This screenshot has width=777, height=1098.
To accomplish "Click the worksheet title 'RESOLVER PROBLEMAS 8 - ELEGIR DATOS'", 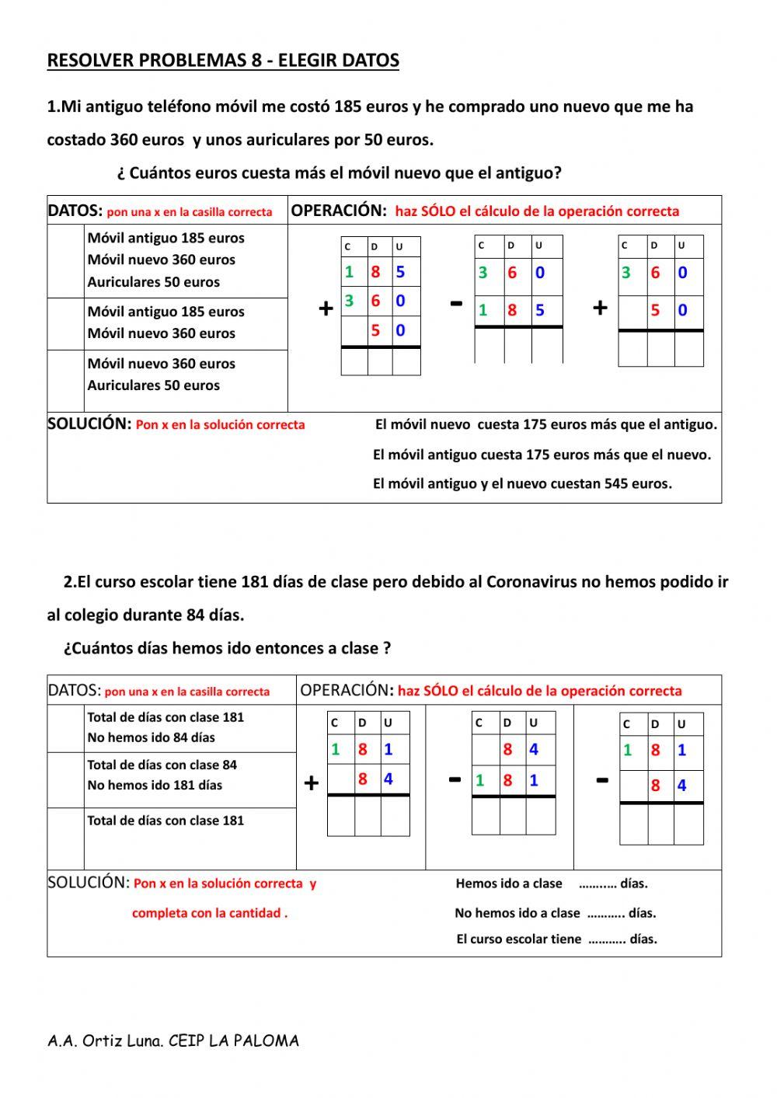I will click(223, 61).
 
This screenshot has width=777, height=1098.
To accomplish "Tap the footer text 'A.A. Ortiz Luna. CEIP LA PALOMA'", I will click(172, 1040).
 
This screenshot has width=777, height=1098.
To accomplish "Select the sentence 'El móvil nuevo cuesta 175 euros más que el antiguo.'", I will click(545, 425).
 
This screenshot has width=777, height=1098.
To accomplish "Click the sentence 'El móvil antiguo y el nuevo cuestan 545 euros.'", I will click(522, 484).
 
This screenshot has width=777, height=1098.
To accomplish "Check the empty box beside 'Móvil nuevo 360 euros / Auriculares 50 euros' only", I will click(66, 380).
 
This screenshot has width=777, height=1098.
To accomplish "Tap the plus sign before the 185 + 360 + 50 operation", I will click(326, 308).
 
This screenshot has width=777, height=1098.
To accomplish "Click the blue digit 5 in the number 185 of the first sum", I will click(400, 272).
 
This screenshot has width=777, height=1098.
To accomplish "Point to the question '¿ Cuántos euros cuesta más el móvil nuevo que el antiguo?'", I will click(339, 173).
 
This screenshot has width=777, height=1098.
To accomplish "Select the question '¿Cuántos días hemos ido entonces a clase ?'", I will click(227, 648).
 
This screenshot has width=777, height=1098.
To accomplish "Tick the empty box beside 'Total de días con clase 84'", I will click(66, 779).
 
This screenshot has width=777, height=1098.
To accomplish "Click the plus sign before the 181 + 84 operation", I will click(311, 783).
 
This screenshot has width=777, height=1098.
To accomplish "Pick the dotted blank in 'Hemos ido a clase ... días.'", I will click(598, 884).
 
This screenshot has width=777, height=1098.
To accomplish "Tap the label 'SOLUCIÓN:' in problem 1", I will click(89, 424).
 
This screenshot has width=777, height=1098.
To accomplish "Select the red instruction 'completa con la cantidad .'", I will click(210, 913).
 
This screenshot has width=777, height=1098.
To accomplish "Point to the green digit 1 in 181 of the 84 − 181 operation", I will click(480, 780).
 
